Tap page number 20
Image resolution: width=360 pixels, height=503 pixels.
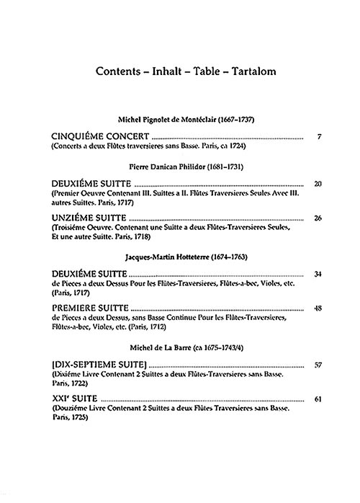point(318,184)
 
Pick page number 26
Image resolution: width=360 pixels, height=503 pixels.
point(318,218)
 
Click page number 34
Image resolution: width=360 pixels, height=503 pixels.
point(318,274)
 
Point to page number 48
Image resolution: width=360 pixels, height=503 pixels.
point(318,308)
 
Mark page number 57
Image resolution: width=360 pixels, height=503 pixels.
point(318,365)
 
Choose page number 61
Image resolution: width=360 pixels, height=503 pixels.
point(318,399)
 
